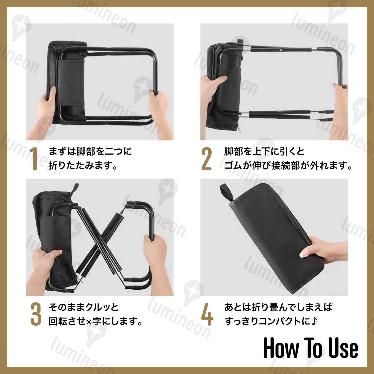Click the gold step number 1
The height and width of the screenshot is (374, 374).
(35, 159)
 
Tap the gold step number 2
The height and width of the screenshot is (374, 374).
(207, 159)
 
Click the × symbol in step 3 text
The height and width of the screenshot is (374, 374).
(89, 322)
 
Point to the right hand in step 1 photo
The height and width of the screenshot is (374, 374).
(160, 113)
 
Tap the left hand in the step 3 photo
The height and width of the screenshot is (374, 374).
(46, 264)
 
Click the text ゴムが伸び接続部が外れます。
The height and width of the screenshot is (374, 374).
(288, 165)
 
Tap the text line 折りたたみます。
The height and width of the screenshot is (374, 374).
(83, 165)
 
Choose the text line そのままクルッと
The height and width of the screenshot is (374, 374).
(84, 307)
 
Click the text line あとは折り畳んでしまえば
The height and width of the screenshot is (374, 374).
(278, 307)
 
